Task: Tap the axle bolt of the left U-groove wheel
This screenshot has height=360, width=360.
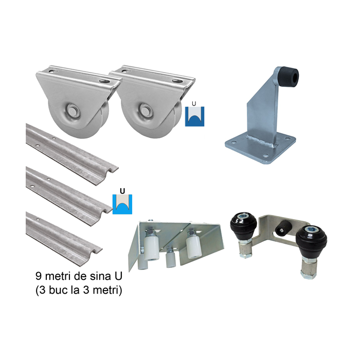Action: click(73, 109)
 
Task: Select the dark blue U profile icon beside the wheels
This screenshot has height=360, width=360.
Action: click(194, 116)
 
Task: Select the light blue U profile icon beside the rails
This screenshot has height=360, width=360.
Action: click(122, 204)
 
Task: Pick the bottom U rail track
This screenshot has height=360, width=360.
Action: click(64, 239)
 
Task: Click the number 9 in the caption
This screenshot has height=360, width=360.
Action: click(39, 276)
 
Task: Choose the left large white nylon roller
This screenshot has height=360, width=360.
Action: click(151, 249)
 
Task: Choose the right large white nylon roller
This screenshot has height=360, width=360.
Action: click(194, 246)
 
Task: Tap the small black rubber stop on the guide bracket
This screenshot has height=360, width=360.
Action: click(284, 228)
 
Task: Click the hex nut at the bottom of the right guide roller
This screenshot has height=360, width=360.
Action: click(309, 274)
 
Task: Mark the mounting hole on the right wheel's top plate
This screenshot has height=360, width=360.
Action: click(177, 81)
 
